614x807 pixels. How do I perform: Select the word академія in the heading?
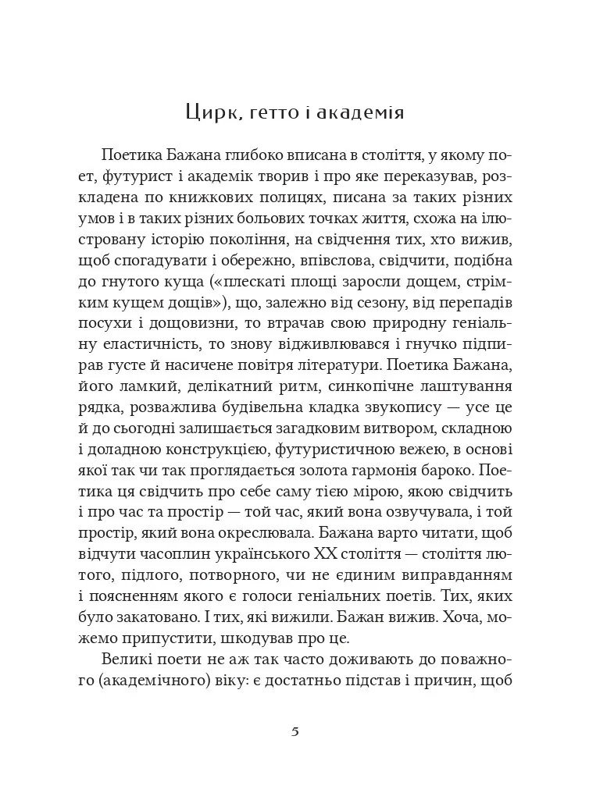pos(365,112)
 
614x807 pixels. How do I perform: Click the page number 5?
pos(295,732)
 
